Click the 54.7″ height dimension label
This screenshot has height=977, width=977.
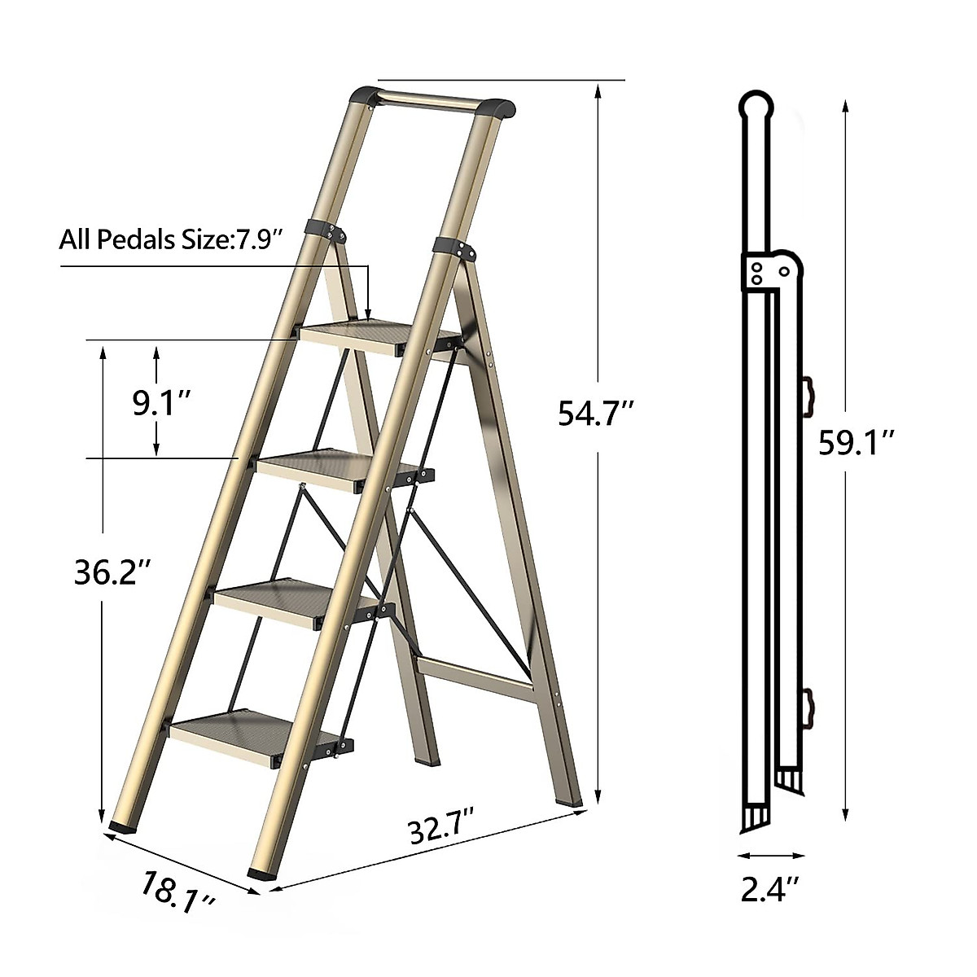click(595, 414)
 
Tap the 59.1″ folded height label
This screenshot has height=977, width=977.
click(857, 442)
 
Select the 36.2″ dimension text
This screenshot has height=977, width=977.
click(112, 572)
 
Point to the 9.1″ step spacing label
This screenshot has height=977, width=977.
click(161, 403)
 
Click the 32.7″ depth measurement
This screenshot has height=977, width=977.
click(440, 830)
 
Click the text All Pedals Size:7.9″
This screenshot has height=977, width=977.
click(170, 239)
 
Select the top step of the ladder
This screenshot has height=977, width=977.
click(379, 337)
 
